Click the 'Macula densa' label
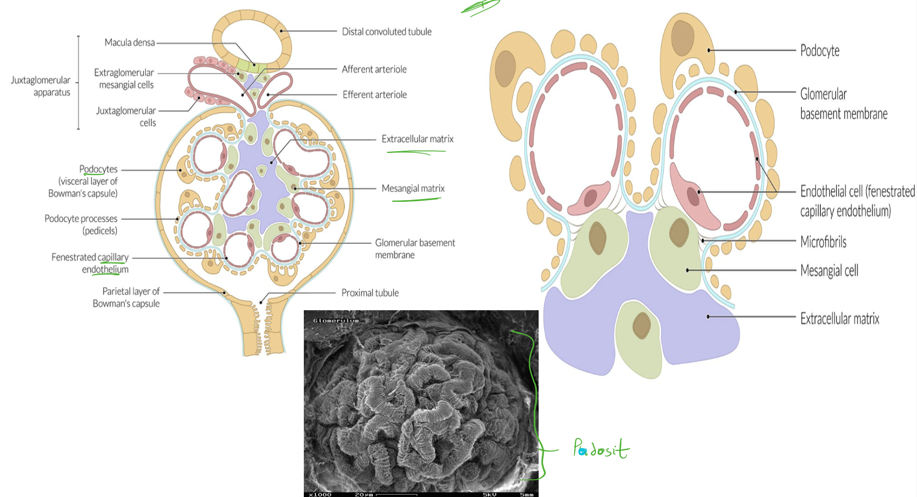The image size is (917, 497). (x=130, y=43)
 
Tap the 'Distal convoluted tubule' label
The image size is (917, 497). (x=387, y=32)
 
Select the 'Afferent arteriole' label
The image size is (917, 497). (x=374, y=69)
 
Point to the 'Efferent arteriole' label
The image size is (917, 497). (x=374, y=95)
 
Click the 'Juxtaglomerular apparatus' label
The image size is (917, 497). (x=41, y=86)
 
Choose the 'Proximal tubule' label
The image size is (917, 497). (x=370, y=293)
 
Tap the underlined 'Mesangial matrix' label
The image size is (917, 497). (x=413, y=189)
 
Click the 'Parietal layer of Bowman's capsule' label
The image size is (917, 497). (x=126, y=297)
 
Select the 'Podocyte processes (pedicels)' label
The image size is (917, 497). (x=81, y=225)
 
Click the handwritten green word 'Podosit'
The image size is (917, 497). (x=601, y=449)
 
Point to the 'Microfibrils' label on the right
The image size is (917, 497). (x=824, y=242)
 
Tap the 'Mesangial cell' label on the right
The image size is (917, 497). (x=829, y=271)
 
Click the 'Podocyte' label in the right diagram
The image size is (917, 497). (x=820, y=51)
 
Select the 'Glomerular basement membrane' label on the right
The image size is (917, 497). (x=844, y=104)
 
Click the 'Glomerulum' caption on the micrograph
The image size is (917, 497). (x=336, y=321)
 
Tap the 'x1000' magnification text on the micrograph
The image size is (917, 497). (x=320, y=494)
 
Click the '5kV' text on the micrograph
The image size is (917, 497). (x=489, y=494)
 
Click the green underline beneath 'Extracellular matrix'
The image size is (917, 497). (x=416, y=152)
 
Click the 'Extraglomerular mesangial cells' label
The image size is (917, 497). (x=124, y=78)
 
